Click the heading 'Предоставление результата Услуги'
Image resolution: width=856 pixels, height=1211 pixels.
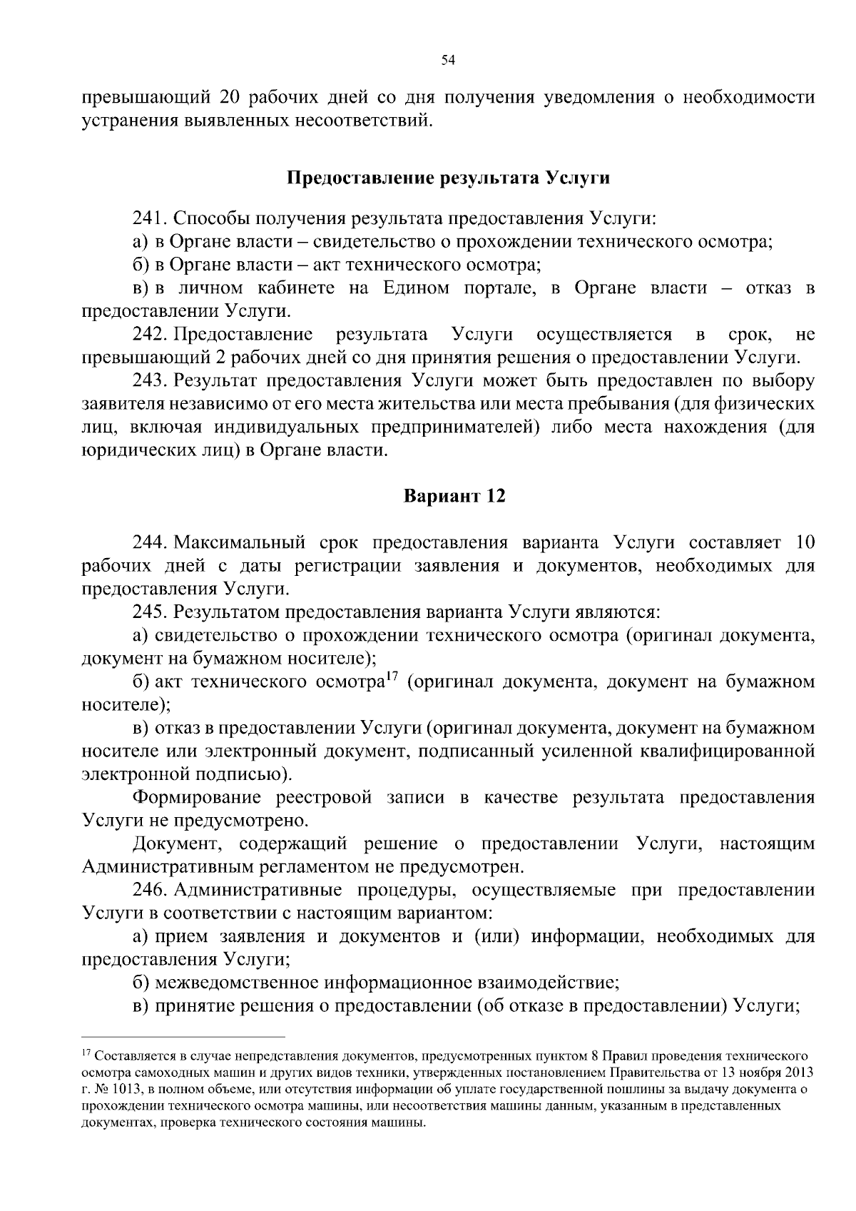448,178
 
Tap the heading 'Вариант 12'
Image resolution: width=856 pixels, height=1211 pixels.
454,496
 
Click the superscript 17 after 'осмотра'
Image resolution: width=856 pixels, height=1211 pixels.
391,677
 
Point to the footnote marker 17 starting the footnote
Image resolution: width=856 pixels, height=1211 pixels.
87,1053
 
